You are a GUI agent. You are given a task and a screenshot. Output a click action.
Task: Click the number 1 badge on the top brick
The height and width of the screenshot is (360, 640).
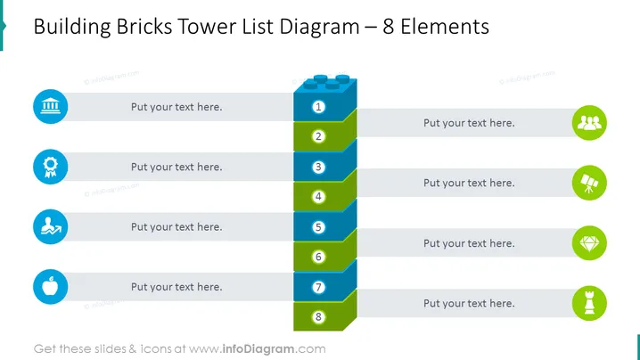(318, 107)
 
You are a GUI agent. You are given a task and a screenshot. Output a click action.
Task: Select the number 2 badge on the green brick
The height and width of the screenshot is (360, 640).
(318, 136)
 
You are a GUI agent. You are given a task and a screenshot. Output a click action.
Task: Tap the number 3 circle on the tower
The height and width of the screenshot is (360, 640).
(318, 167)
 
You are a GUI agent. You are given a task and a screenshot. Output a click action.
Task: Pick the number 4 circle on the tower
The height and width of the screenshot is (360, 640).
(318, 197)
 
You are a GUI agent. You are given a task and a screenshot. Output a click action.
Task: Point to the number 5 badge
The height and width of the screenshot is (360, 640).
(318, 227)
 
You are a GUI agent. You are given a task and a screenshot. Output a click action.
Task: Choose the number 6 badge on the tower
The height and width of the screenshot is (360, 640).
(318, 257)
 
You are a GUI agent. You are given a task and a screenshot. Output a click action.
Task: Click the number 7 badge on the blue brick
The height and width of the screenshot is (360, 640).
(318, 287)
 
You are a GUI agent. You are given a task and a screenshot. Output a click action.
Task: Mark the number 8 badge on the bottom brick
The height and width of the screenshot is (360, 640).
(318, 317)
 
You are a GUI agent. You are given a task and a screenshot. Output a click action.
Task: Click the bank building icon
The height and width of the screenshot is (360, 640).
(51, 107)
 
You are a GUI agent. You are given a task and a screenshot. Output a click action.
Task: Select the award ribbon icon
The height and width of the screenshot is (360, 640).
(51, 167)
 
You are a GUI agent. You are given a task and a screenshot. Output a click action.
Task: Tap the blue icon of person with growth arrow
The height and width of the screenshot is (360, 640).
(51, 227)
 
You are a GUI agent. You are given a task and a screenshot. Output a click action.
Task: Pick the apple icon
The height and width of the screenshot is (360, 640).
(51, 287)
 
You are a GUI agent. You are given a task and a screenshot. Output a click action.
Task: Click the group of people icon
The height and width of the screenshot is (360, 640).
(589, 123)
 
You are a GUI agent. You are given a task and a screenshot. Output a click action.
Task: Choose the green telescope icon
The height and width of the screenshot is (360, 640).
(589, 183)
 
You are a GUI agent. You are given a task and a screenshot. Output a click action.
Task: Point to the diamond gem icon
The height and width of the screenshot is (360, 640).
(589, 243)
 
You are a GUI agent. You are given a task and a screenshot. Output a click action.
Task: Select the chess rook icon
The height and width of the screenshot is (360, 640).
(589, 303)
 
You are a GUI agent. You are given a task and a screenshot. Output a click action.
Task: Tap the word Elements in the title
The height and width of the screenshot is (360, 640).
(445, 27)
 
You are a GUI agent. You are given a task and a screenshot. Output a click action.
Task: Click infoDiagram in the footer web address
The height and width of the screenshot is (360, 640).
(258, 349)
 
